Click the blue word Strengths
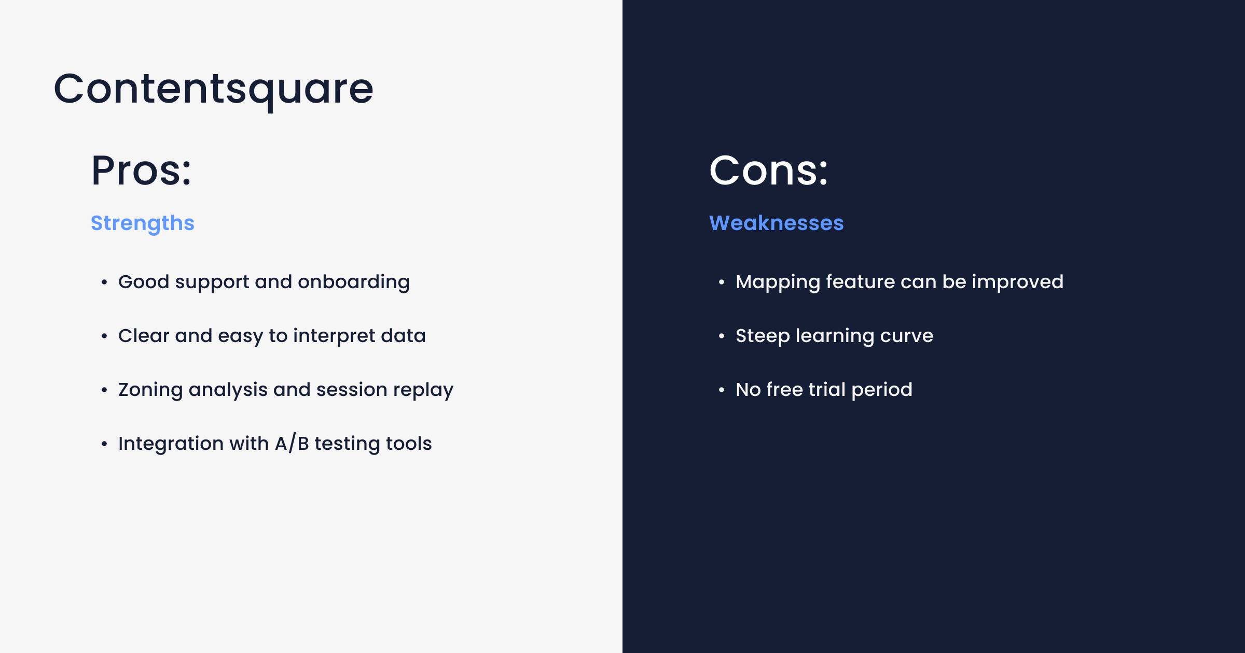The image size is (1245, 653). click(143, 223)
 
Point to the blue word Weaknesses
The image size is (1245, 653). click(777, 223)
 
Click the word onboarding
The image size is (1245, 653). click(354, 282)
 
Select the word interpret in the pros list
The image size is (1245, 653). click(334, 336)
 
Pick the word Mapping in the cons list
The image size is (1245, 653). click(778, 282)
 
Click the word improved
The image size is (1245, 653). click(1018, 282)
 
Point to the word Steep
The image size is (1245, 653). click(763, 336)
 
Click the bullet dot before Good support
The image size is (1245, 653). click(104, 282)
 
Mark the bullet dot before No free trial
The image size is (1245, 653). click(722, 390)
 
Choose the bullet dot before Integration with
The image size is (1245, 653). click(104, 444)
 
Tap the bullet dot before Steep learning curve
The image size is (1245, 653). click(722, 336)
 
